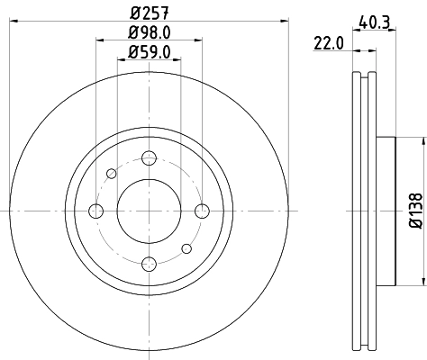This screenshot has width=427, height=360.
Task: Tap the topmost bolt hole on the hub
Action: pos(149,157)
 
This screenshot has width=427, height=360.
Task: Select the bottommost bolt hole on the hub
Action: pos(149,264)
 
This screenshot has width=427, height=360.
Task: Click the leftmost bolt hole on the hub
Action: pos(95,211)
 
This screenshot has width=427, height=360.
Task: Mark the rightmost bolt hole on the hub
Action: pos(201,211)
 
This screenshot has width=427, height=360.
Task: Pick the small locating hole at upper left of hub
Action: pos(111,173)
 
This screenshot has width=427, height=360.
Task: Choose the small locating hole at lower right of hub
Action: pos(186,248)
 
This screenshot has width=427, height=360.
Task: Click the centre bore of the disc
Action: pos(149,211)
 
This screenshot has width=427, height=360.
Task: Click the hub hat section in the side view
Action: pos(386,211)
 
